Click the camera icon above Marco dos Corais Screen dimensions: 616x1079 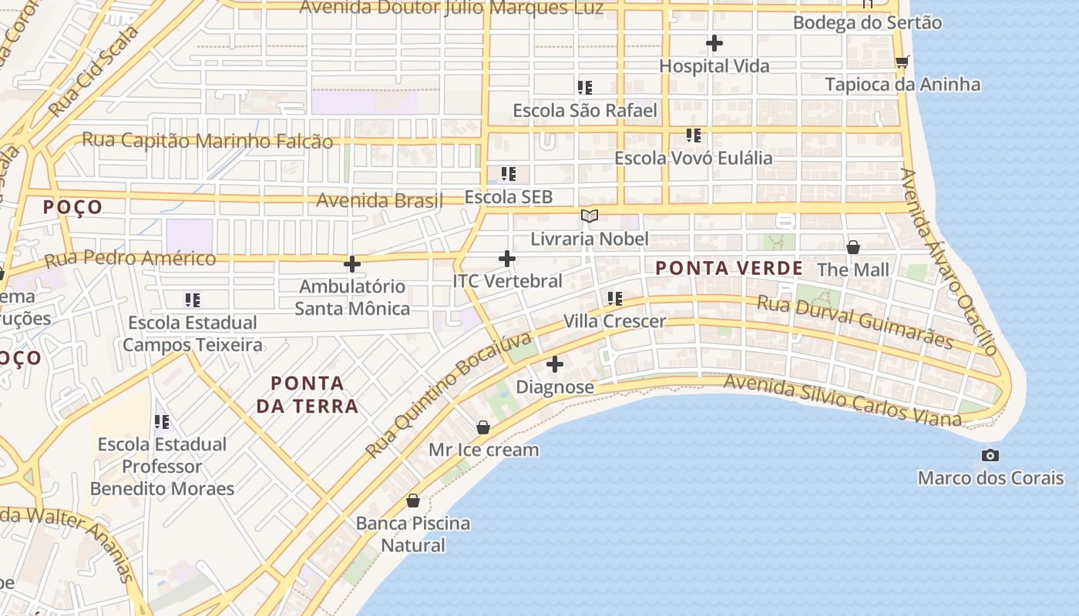[990, 455]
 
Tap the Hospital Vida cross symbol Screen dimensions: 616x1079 [714, 43]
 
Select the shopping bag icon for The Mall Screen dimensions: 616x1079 [853, 247]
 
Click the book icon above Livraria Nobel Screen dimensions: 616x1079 [590, 216]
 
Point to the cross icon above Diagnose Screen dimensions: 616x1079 [555, 364]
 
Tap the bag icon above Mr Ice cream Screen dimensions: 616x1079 [483, 427]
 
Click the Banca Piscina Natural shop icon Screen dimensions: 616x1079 [413, 500]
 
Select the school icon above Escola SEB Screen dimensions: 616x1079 [509, 174]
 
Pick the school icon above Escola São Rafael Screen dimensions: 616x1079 [585, 88]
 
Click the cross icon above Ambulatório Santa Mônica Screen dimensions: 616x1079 [352, 264]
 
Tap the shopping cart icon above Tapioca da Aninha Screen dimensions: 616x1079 [902, 62]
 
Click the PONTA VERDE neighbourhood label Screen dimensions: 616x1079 [729, 269]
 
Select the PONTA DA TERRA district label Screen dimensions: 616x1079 [308, 394]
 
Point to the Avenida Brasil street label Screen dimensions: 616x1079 [379, 201]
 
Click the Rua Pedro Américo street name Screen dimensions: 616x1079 [130, 259]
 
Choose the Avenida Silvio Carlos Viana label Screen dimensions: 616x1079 [843, 400]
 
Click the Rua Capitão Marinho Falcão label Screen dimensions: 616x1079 [207, 141]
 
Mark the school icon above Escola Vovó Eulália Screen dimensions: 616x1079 [694, 136]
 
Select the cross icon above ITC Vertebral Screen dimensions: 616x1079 [507, 259]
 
